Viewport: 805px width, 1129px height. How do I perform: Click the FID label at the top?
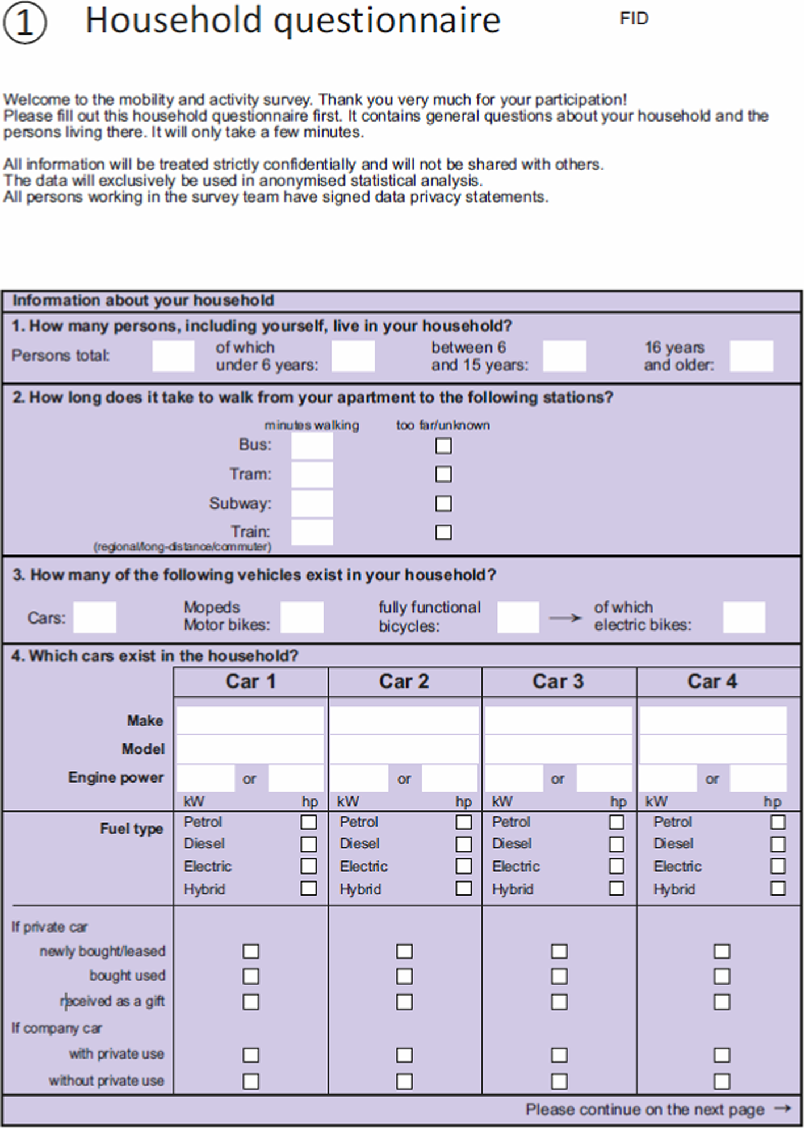[634, 19]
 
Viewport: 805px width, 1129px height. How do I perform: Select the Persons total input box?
[173, 356]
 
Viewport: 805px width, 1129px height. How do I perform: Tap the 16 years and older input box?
[751, 356]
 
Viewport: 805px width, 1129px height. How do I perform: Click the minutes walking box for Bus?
[312, 446]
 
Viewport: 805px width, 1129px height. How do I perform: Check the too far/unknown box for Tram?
[443, 474]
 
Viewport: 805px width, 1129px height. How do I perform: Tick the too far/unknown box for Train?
[443, 533]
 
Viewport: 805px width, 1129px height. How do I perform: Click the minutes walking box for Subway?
[312, 504]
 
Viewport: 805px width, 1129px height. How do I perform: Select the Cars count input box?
[95, 617]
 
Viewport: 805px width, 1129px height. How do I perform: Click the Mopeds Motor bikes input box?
[302, 617]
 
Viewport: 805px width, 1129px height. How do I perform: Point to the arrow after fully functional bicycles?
[565, 618]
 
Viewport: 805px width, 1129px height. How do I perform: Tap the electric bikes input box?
[744, 617]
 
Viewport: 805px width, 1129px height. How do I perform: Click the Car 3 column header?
[558, 681]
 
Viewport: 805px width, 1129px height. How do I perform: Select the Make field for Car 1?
[250, 720]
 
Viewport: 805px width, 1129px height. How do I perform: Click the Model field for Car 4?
[713, 749]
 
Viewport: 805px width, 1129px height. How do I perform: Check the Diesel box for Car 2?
[464, 844]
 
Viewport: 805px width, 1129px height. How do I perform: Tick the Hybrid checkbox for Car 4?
[778, 888]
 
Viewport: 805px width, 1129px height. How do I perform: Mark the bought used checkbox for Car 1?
[251, 976]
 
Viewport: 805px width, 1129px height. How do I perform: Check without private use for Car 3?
[559, 1081]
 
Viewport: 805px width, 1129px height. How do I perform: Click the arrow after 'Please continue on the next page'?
[783, 1108]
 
